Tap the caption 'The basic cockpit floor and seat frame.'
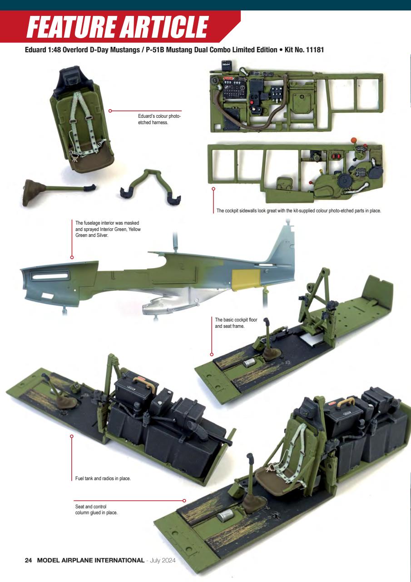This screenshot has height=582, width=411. (x=236, y=323)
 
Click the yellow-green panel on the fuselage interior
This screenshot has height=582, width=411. (x=246, y=280)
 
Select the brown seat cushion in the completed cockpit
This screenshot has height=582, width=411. (x=273, y=478)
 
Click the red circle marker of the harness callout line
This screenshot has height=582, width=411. (x=110, y=110)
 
